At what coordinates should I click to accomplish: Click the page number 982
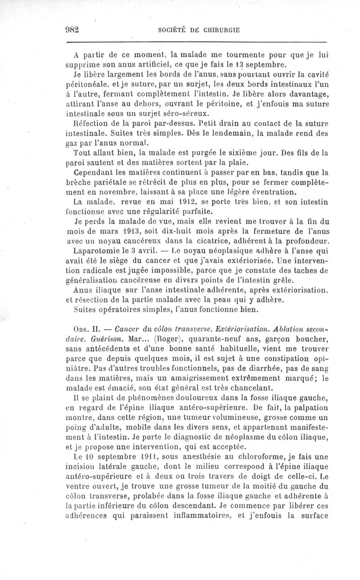[x=72, y=30]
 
